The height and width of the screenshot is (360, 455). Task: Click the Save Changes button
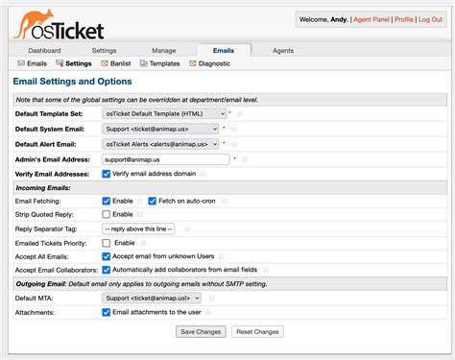tap(200, 331)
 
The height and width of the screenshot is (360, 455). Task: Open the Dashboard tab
tap(44, 49)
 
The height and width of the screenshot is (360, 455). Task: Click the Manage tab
tap(163, 49)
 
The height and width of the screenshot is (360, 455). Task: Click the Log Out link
tap(430, 18)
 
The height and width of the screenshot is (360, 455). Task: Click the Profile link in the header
tap(404, 18)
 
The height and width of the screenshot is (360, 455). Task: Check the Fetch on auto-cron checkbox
tap(154, 201)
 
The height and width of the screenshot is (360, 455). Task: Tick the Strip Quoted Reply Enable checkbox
tap(107, 214)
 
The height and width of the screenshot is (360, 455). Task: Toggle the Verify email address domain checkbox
tap(107, 174)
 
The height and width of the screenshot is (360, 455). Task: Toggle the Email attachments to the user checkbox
tap(107, 312)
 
